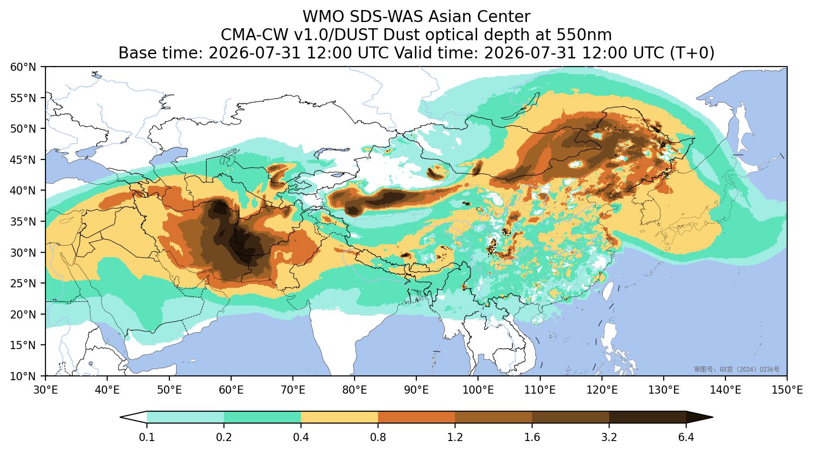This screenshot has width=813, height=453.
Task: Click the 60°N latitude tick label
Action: [23, 67]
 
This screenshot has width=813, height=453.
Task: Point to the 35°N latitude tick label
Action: [23, 221]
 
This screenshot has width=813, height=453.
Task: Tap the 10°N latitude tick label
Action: [23, 376]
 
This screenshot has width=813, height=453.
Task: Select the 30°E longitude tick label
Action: [45, 390]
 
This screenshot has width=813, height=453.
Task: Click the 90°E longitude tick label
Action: [416, 390]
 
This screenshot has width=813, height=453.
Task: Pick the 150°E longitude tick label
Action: [787, 390]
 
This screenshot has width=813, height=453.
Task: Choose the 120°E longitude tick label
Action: [602, 390]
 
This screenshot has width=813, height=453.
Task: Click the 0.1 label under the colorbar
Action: [147, 437]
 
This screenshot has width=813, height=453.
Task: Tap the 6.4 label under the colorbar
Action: [686, 437]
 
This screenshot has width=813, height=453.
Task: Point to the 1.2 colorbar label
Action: [455, 437]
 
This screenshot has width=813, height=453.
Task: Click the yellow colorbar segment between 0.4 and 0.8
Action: [339, 418]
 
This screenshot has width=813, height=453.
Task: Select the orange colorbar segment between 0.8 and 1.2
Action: [417, 418]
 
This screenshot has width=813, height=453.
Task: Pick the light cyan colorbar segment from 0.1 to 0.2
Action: [186, 418]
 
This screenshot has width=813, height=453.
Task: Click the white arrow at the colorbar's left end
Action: [134, 418]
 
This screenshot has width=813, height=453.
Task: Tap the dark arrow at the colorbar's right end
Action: [700, 418]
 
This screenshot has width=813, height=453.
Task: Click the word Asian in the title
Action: [449, 17]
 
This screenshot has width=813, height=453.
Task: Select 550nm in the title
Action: [584, 35]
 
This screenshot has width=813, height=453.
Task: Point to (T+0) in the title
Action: [692, 53]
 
